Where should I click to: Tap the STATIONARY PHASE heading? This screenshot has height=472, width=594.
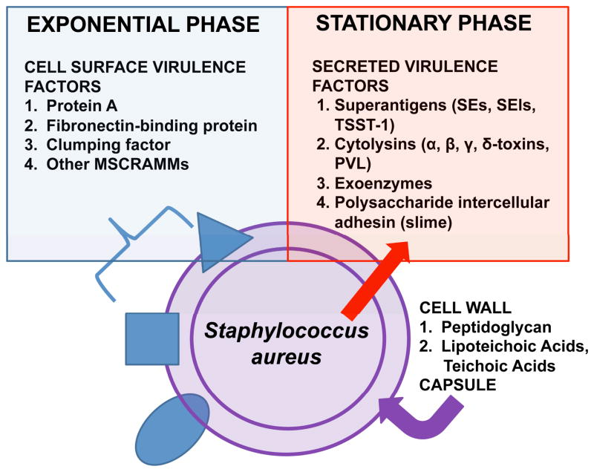424,23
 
